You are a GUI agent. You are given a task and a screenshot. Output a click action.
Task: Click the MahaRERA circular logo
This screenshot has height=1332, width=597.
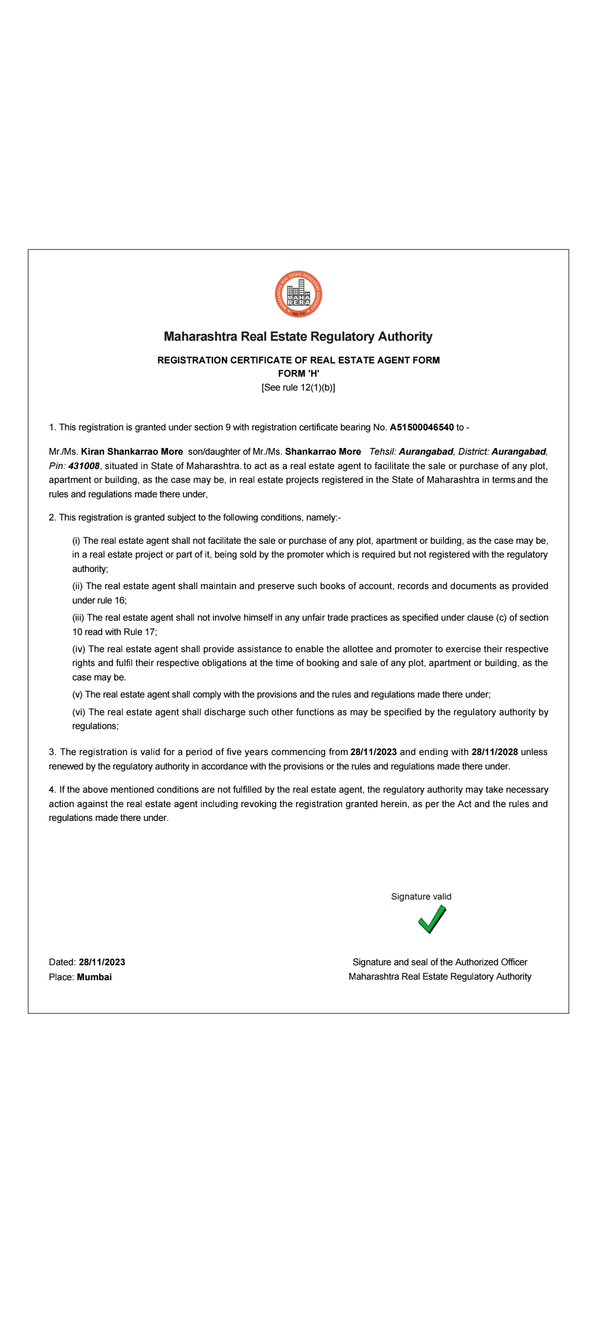[298, 294]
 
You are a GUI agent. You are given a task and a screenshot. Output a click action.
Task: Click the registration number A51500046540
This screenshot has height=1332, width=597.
[422, 427]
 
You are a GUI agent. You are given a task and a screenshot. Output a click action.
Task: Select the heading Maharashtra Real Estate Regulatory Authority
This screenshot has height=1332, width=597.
[298, 336]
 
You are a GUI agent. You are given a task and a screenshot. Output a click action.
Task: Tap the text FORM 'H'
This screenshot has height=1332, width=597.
[298, 373]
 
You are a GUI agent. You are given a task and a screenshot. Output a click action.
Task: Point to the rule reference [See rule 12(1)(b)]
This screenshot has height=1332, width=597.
[298, 387]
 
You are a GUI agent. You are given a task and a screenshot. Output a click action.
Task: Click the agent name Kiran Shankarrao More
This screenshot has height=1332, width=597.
[132, 451]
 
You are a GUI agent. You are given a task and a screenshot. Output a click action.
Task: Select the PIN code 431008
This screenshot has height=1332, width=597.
[84, 466]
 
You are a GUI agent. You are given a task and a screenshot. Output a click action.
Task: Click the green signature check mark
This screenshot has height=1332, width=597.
[432, 919]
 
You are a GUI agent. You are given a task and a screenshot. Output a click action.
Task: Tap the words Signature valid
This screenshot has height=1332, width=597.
[421, 896]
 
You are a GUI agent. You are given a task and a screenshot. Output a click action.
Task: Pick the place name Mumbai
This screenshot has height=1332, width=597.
[94, 977]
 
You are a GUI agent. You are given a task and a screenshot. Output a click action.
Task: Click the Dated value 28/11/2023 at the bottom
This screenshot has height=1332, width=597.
[102, 962]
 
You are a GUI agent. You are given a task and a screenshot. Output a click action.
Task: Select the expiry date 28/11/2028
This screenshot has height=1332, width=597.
[495, 752]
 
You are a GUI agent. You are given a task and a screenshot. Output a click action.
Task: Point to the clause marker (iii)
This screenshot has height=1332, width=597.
[78, 617]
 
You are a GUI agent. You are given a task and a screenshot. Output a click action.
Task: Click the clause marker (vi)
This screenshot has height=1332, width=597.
[79, 712]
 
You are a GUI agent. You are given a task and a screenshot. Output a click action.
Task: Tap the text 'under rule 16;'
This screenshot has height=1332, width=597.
[99, 600]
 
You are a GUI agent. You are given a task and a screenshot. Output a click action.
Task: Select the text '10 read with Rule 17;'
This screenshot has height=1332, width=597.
[114, 632]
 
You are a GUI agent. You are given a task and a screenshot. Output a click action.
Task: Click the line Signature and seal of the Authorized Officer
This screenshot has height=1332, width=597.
[440, 962]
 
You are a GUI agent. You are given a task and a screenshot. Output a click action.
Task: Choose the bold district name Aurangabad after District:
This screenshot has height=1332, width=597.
[519, 451]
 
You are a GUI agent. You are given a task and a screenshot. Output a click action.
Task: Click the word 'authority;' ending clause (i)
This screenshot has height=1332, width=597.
[90, 569]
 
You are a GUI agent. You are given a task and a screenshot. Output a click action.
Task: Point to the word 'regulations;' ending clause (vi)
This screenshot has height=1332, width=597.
[95, 726]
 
